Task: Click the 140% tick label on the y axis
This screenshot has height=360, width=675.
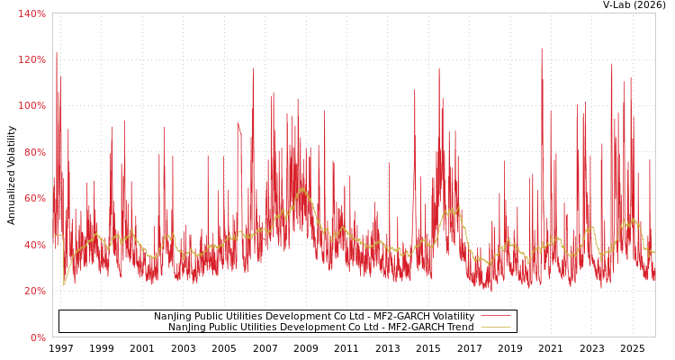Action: click(x=31, y=13)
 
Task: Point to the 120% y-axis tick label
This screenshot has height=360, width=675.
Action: click(x=31, y=59)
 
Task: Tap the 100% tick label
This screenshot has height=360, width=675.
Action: click(x=31, y=106)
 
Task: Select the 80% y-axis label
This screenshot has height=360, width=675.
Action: click(x=33, y=152)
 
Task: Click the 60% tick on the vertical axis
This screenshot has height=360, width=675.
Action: click(x=33, y=199)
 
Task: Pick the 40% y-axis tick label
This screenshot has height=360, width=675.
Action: click(x=33, y=245)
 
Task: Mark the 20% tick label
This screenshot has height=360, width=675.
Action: click(x=33, y=292)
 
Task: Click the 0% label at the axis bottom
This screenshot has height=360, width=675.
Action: click(x=37, y=337)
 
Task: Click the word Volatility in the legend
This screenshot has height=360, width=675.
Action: click(x=449, y=316)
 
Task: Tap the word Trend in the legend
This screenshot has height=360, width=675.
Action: click(x=459, y=327)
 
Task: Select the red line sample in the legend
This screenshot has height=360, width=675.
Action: click(x=495, y=316)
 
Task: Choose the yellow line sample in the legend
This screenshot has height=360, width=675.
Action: click(x=495, y=327)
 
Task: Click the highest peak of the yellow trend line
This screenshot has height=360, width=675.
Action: click(x=301, y=189)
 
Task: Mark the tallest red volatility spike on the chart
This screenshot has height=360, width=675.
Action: click(x=542, y=49)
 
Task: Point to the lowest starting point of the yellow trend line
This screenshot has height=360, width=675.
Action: click(x=64, y=285)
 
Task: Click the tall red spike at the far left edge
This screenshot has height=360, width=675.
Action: click(x=56, y=54)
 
